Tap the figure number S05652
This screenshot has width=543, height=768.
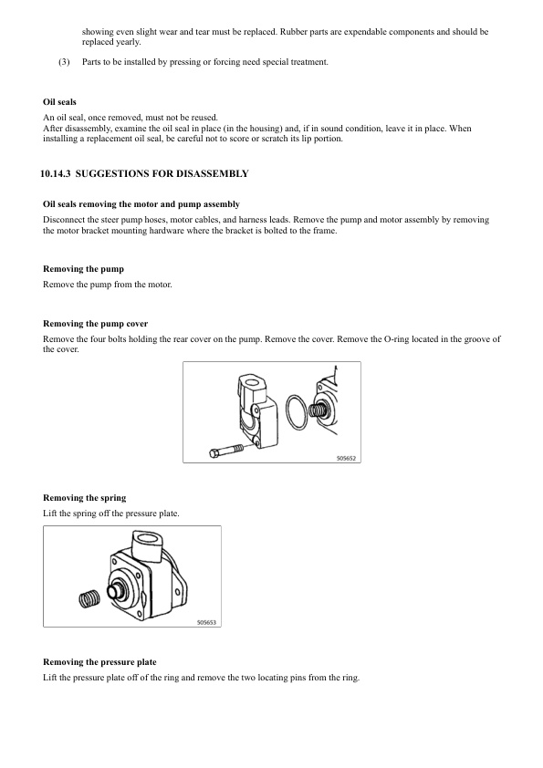[x=343, y=458]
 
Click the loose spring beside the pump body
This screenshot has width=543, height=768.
[x=89, y=600]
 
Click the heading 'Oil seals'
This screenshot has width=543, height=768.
[x=59, y=101]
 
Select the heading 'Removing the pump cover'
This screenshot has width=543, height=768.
[x=95, y=324]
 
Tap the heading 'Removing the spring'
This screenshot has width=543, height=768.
[x=84, y=498]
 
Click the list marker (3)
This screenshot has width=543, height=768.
[x=63, y=62]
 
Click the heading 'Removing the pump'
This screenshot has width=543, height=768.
[x=83, y=270]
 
